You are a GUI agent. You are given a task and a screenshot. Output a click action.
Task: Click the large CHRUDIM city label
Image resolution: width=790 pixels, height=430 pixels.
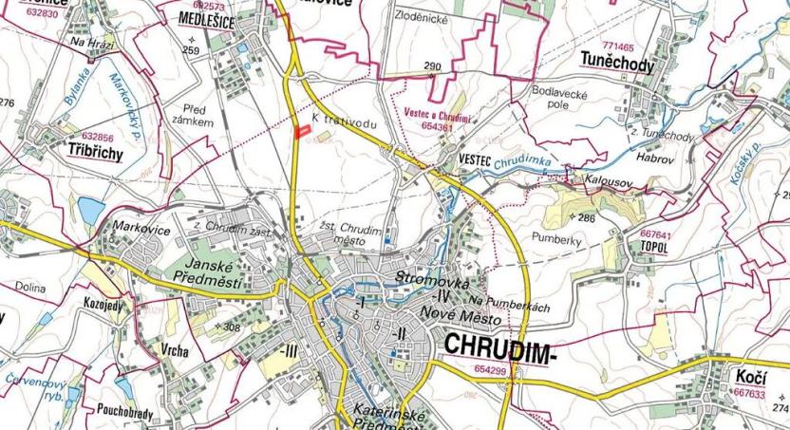(496, 348)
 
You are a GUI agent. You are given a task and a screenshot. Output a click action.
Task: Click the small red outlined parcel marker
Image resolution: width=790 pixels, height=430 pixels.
(303, 133)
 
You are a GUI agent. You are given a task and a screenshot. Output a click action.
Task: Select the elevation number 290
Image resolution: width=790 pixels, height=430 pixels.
(433, 66)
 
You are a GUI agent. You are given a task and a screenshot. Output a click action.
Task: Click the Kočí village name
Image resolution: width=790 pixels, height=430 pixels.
(750, 378)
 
